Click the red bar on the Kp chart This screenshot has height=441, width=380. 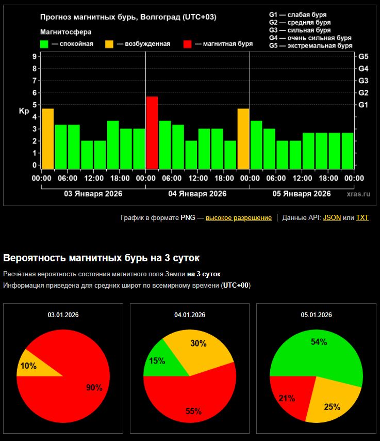click(x=152, y=133)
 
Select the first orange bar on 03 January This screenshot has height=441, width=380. click(x=47, y=138)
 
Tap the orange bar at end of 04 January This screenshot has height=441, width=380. click(x=243, y=138)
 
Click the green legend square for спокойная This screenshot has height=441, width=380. click(x=45, y=44)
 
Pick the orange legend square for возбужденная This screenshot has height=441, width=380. click(x=110, y=44)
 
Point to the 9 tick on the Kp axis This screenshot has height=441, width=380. click(x=35, y=56)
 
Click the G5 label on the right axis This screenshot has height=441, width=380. click(x=363, y=56)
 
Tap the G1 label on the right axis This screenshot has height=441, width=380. click(x=363, y=105)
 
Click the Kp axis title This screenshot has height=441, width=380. click(x=24, y=111)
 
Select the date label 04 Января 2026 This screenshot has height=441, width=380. click(x=197, y=194)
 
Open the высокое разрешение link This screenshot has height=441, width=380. click(x=239, y=218)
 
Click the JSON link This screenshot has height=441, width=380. click(x=332, y=218)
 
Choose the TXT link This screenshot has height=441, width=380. click(x=362, y=218)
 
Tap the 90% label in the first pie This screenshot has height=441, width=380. click(x=94, y=388)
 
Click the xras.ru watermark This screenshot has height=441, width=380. click(x=359, y=194)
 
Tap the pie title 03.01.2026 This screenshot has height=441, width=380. click(x=63, y=314)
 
